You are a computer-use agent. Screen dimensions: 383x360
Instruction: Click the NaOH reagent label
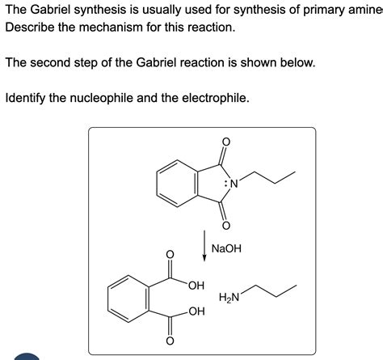point(226,248)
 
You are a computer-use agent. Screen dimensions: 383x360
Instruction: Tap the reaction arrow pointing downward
point(204,246)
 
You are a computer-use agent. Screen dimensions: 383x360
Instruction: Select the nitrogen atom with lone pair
point(232,184)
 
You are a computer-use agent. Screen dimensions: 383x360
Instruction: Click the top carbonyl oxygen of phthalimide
point(226,142)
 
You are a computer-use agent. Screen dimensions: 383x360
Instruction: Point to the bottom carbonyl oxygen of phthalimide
point(226,226)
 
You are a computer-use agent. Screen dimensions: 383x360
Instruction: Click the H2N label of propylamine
point(229,297)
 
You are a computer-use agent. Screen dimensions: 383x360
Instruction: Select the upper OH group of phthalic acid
point(196,285)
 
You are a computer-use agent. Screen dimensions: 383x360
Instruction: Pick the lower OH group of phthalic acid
point(196,311)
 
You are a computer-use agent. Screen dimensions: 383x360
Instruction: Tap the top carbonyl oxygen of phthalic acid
point(170,254)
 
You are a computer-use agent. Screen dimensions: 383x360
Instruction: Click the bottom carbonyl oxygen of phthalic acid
point(170,341)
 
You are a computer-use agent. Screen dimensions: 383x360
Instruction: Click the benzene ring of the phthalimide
point(157,184)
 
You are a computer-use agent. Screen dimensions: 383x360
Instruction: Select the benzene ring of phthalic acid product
point(107,299)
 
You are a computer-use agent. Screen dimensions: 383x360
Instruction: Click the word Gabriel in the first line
point(50,10)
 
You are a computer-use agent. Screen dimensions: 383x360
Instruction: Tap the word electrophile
point(216,98)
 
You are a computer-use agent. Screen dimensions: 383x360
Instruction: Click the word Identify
point(25,98)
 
